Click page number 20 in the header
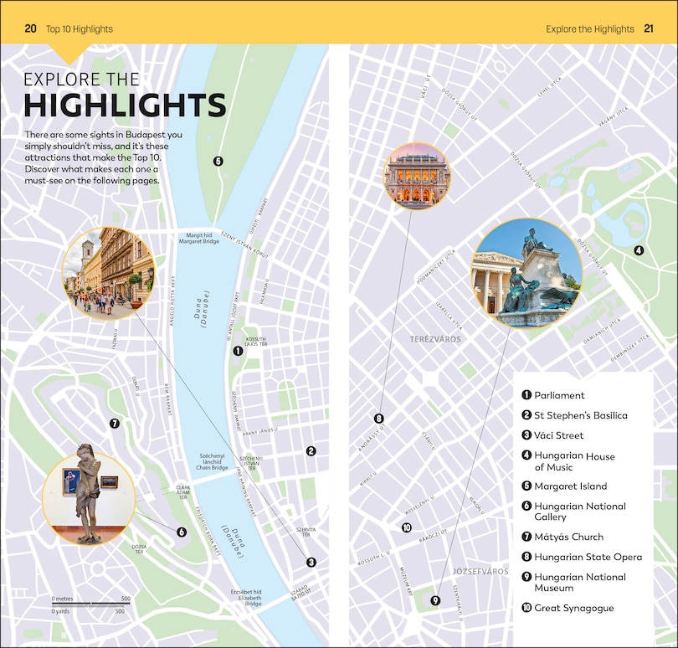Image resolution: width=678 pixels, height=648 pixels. tap(31, 28)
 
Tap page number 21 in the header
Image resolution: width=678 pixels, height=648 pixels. tap(648, 28)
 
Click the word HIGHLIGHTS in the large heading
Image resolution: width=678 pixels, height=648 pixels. tap(125, 106)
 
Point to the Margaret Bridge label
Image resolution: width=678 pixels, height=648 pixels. tap(199, 239)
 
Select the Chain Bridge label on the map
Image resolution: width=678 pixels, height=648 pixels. tap(213, 462)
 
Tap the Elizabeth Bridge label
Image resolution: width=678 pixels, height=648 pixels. tap(247, 596)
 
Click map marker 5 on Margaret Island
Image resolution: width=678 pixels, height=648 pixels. tap(218, 162)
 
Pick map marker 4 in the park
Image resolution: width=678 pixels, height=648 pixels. tap(639, 250)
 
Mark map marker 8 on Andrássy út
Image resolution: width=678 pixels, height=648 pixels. tap(378, 419)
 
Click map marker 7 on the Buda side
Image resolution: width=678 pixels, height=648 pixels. tap(115, 424)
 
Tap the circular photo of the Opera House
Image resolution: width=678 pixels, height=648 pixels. tap(416, 177)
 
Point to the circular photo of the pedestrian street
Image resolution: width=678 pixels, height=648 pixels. tap(108, 271)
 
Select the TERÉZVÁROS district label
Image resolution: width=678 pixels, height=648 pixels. tap(435, 339)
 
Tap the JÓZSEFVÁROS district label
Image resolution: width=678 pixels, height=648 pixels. tap(480, 571)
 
